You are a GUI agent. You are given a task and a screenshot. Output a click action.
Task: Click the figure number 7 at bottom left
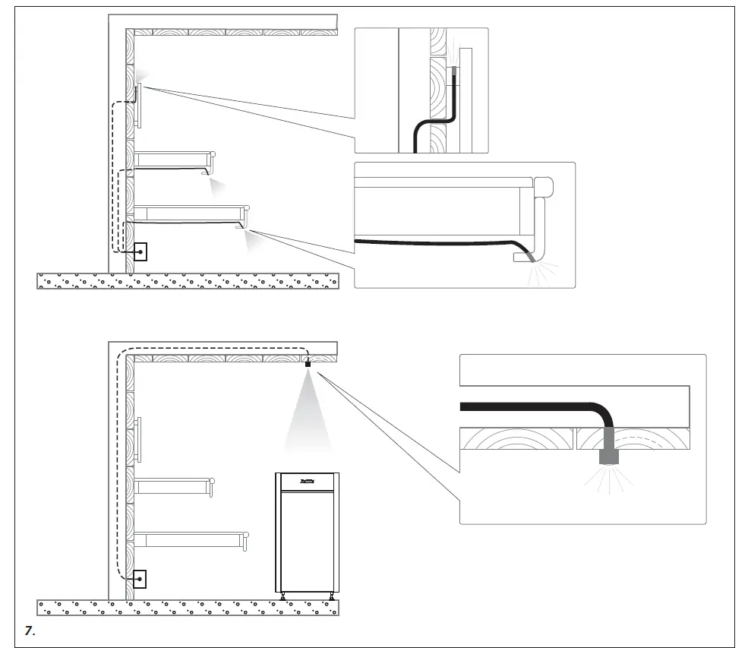tap(31, 631)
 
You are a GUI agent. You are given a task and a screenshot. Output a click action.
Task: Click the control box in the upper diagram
tap(140, 251)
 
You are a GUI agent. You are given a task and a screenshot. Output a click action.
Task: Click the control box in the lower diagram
tap(140, 579)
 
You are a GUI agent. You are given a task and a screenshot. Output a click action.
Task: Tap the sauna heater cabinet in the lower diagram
tap(307, 532)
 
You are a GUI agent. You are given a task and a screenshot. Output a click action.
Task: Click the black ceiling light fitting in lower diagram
tap(308, 365)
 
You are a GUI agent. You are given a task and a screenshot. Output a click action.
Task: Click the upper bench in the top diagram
tap(173, 160)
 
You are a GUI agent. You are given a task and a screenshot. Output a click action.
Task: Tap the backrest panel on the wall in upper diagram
tap(138, 106)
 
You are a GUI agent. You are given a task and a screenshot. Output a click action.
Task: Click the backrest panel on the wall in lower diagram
tap(138, 438)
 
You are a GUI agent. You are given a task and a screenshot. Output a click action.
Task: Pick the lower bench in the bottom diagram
tap(190, 540)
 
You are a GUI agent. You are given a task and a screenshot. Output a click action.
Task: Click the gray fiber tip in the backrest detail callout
tap(455, 71)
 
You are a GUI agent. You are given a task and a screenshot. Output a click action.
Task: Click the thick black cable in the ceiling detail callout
tap(532, 407)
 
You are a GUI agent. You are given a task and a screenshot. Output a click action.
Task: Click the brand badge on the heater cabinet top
tap(307, 479)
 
